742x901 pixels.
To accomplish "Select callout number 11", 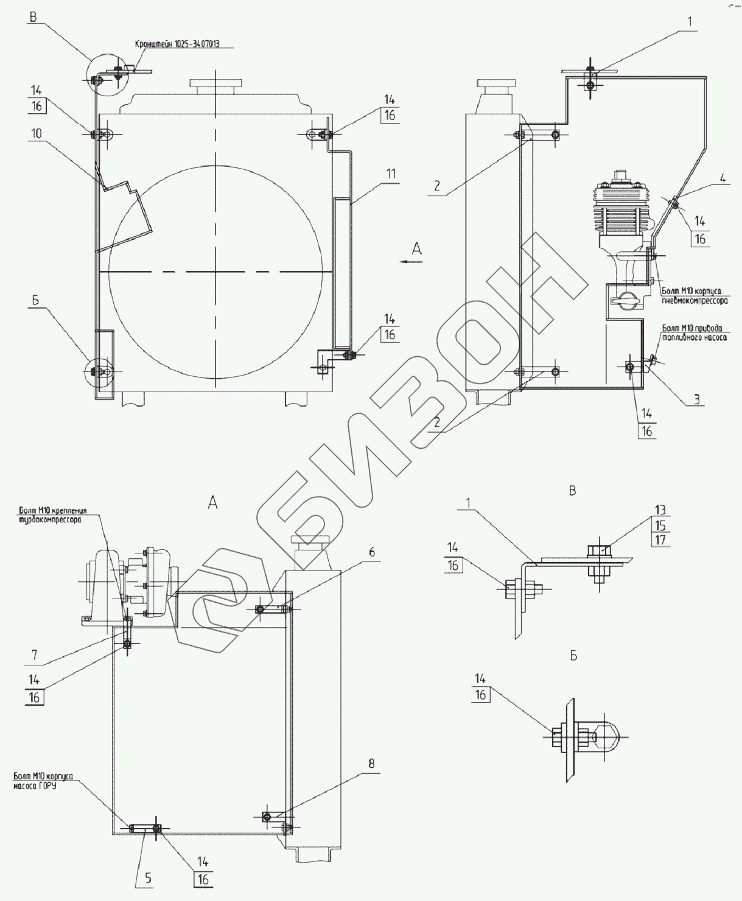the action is point(390,174).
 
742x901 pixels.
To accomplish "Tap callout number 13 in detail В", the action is point(661,510).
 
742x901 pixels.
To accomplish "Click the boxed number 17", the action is point(661,539).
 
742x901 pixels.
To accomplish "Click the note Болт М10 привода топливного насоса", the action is point(694,333).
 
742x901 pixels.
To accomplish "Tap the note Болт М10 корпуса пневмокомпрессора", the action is point(693,296).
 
